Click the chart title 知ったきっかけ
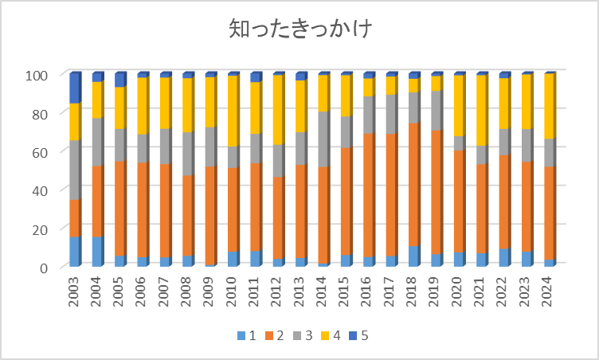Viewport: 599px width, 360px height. click(x=300, y=29)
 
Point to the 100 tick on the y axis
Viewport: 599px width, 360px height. click(x=40, y=75)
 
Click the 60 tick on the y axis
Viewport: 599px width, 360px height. click(x=43, y=151)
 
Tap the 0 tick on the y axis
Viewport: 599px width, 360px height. click(x=46, y=267)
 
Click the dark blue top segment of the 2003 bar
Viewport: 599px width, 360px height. click(x=74, y=88)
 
